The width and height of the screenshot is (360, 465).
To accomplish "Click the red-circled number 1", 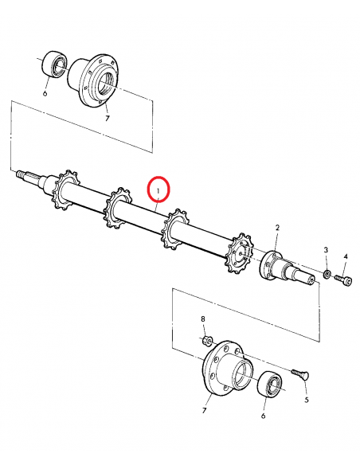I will pos(161,190).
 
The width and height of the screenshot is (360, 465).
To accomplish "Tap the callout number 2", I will pos(276,229).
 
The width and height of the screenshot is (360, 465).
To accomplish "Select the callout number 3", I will pos(325,252).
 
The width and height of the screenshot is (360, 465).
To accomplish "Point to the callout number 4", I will pos(345,256).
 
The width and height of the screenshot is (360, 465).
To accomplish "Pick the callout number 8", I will pos(202,319).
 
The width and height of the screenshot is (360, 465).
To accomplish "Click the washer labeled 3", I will pos(327,275).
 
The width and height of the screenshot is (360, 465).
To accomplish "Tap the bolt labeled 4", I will pos(343,279).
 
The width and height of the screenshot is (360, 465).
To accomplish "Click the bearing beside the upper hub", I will pos(57,63).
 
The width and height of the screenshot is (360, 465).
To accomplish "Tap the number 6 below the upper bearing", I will pos(45,93).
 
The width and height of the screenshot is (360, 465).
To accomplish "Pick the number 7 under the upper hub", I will pos(107,118).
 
